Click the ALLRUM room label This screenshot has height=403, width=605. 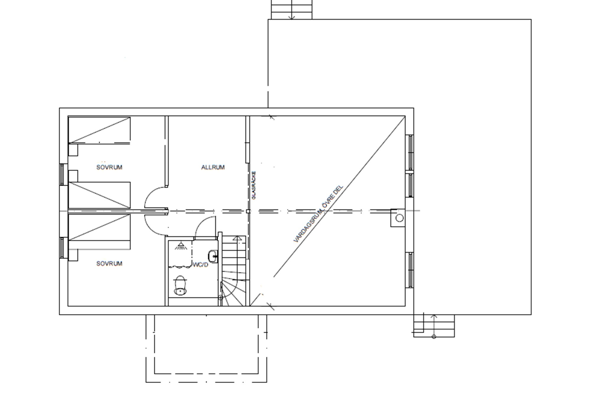click(x=213, y=167)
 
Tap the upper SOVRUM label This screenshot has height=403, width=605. click(x=109, y=167)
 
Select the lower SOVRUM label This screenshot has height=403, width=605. click(x=109, y=264)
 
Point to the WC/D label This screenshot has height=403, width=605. click(x=201, y=265)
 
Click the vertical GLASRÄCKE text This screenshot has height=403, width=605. click(x=254, y=185)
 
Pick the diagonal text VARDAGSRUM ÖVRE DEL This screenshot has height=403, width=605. click(x=318, y=214)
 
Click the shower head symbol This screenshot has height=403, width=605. click(x=180, y=246)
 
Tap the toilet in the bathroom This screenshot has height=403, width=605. click(x=180, y=285)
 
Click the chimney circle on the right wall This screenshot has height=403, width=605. click(x=399, y=218)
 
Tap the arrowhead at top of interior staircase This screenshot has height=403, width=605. click(x=237, y=238)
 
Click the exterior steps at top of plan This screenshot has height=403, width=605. click(x=292, y=10)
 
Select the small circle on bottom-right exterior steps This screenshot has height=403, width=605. click(x=434, y=337)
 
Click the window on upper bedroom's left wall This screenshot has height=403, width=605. click(x=62, y=174)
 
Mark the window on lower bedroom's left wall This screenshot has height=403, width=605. click(x=62, y=248)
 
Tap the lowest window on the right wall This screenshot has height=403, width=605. click(x=410, y=270)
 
